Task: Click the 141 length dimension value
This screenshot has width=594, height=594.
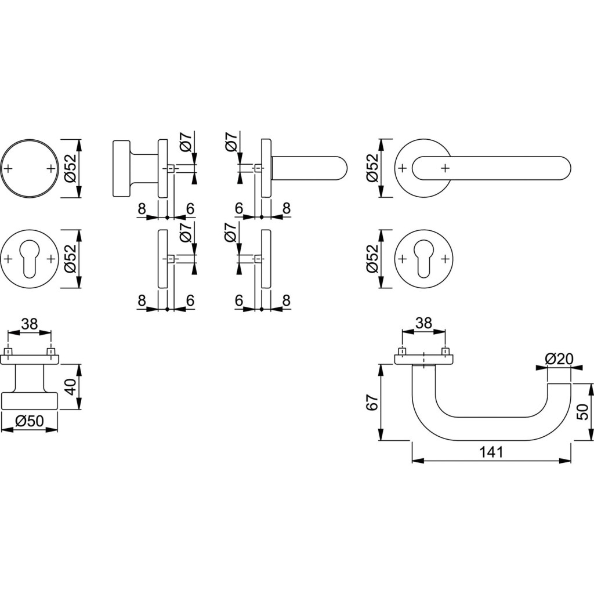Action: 491,452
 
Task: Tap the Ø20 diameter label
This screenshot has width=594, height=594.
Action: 559,359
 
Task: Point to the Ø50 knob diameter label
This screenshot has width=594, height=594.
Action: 30,421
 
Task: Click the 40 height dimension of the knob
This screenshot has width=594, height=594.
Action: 70,387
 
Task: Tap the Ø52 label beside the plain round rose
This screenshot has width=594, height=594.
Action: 70,168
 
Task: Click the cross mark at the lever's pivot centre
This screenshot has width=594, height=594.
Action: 444,168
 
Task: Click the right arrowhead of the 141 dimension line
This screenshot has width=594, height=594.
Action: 569,461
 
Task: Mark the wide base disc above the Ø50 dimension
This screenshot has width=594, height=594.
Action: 30,401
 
